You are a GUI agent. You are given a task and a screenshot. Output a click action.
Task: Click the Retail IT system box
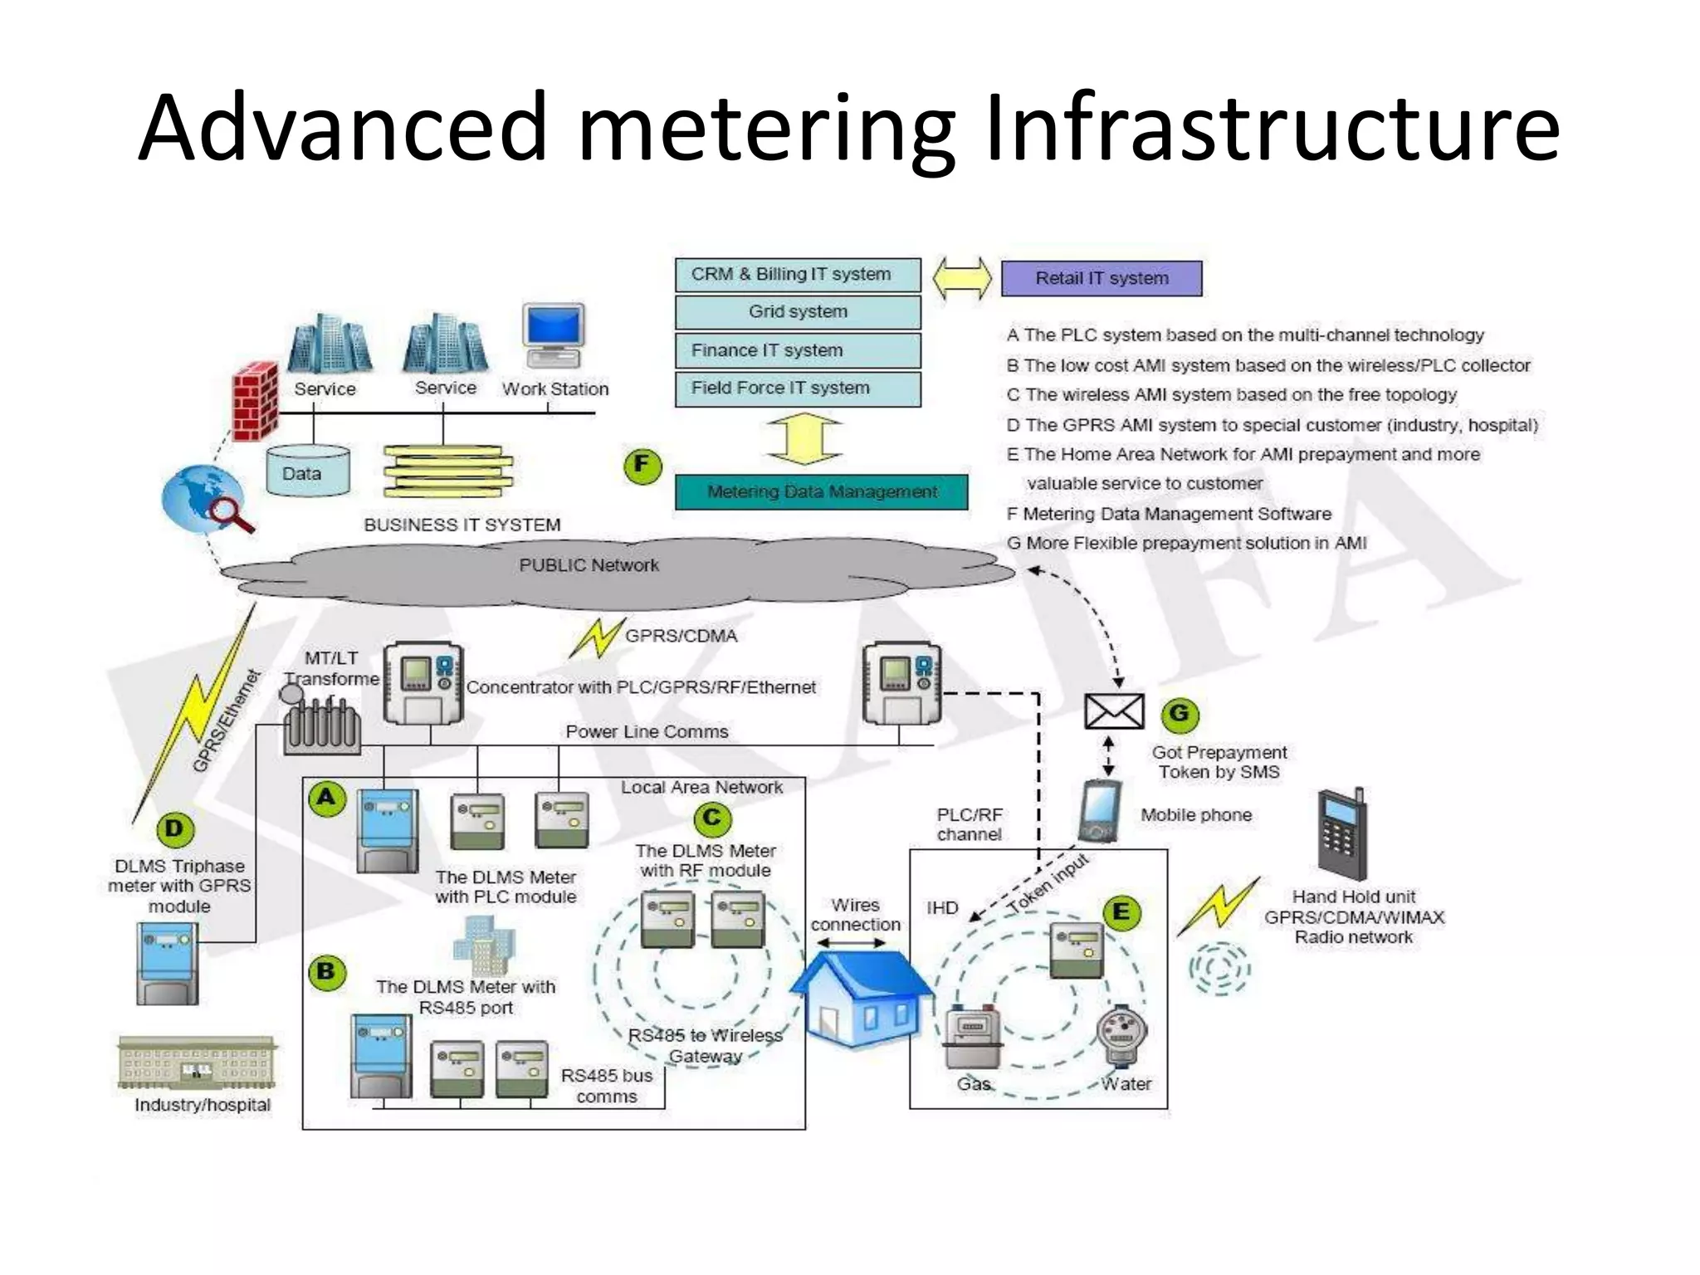pos(1101,279)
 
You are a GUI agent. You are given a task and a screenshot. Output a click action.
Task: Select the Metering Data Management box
pos(821,492)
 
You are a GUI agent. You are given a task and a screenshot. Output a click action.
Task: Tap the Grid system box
pos(798,312)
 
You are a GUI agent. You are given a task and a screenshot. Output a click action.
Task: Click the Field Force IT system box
pos(798,388)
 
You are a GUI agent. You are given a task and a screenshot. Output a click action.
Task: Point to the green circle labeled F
pos(642,466)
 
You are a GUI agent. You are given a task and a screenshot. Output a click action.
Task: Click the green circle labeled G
pos(1179,714)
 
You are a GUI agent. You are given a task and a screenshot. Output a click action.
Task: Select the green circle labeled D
pos(174,828)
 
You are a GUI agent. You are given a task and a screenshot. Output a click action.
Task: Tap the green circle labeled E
pos(1121,912)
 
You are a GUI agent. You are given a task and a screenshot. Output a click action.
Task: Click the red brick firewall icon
pos(255,400)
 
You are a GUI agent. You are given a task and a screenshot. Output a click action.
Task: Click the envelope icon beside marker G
pos(1114,711)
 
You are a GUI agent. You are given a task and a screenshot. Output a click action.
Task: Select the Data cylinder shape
pos(308,471)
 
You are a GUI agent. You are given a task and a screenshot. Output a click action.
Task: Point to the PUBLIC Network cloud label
pos(589,565)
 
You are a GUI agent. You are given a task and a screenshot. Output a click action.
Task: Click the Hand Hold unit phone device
pos(1341,834)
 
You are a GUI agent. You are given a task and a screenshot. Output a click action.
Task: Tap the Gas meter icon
pos(972,1038)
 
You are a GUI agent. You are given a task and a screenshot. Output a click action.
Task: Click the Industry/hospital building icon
pos(198,1062)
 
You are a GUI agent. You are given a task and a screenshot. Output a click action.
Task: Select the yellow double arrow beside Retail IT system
pos(961,279)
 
